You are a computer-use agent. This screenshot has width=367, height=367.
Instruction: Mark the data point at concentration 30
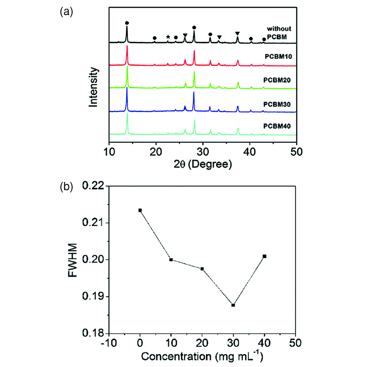click(x=233, y=305)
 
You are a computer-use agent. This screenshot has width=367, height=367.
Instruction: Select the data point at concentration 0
click(x=140, y=210)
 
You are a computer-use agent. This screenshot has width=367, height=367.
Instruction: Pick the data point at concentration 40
click(x=264, y=256)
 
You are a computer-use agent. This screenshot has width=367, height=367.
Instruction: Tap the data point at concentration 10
click(x=171, y=259)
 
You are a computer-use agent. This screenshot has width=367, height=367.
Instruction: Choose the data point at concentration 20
click(x=202, y=269)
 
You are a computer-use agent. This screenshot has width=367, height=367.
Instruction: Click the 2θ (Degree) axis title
click(x=203, y=164)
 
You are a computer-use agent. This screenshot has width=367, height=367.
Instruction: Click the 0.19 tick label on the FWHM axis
click(x=94, y=297)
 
